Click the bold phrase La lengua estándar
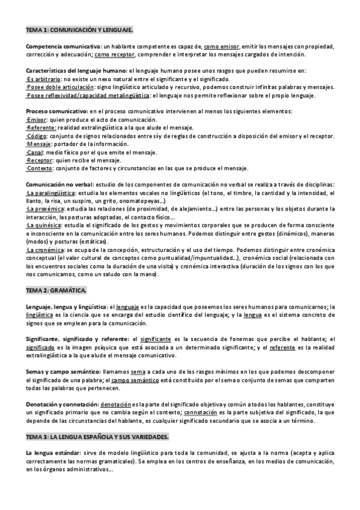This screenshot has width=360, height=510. [52, 452]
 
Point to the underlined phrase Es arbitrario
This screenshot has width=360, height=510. [43, 79]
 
